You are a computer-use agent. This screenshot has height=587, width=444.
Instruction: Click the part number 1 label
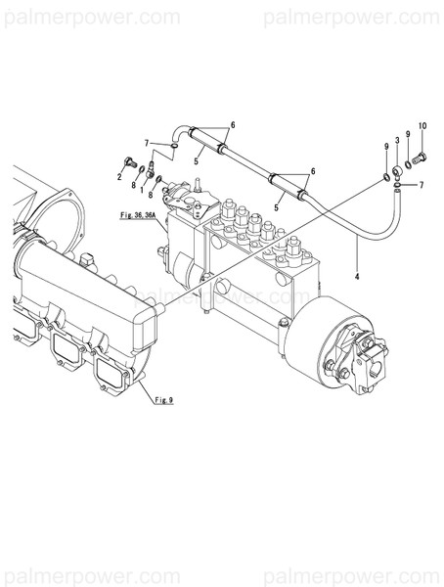click(x=141, y=178)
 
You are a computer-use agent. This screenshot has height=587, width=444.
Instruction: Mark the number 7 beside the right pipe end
click(x=422, y=185)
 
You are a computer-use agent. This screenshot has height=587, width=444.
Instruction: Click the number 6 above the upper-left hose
click(x=233, y=126)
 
